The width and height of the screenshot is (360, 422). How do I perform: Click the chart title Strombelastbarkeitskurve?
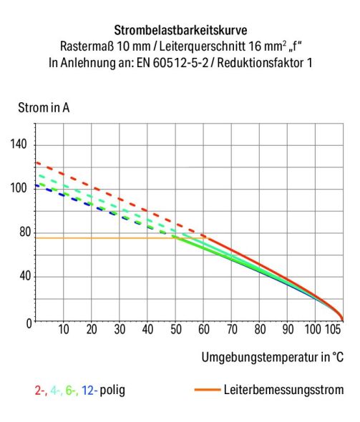pos(180,31)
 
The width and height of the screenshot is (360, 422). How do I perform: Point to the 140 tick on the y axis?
pos(19,144)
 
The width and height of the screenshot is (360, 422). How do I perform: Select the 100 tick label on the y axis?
pos(19,188)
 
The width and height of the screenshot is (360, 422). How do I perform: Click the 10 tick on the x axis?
pos(63,330)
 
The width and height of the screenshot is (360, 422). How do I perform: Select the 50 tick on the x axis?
pos(175,330)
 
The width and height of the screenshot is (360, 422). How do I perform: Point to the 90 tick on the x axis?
pos(287,330)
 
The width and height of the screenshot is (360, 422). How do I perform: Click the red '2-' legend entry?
pos(41,391)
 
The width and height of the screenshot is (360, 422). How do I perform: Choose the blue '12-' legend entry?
pos(89,391)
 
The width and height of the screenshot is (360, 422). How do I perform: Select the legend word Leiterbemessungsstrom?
pos(283,391)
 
